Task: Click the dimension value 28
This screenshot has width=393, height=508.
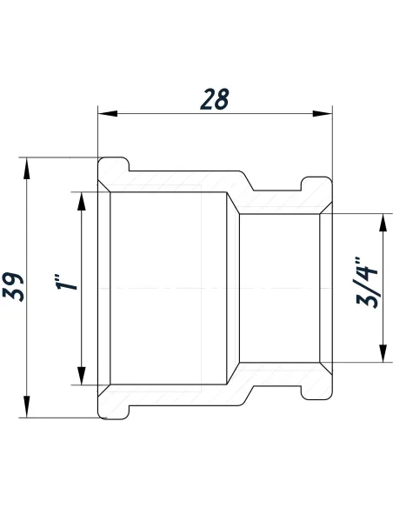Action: [214, 98]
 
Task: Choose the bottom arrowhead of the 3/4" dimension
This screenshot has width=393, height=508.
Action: [380, 354]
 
